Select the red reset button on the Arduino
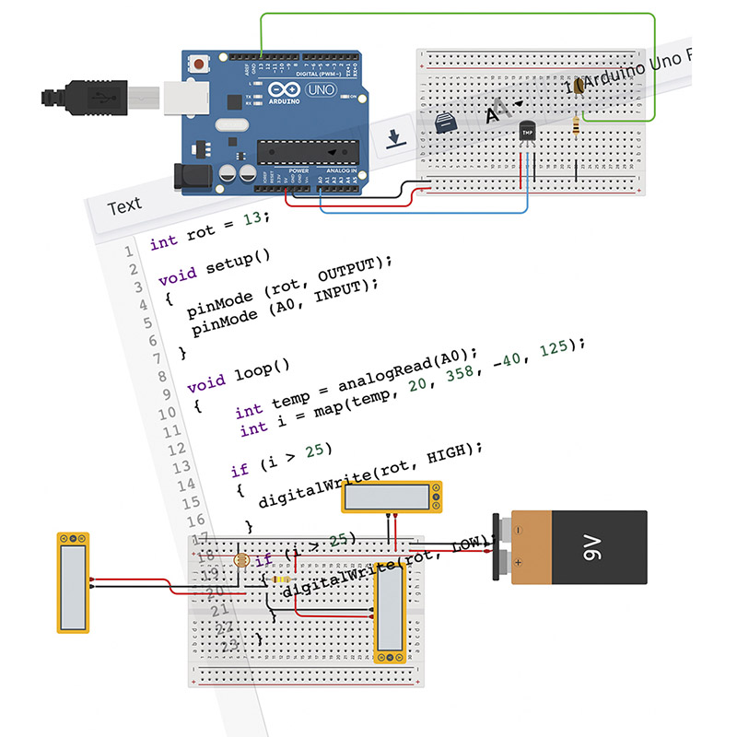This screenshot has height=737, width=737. (x=197, y=64)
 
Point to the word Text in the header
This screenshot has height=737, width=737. (x=124, y=205)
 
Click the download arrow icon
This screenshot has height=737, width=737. (x=393, y=138)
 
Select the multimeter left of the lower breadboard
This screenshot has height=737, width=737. (x=73, y=582)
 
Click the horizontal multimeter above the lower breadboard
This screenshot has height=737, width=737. (x=392, y=497)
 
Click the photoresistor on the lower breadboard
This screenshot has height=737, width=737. (x=241, y=559)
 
